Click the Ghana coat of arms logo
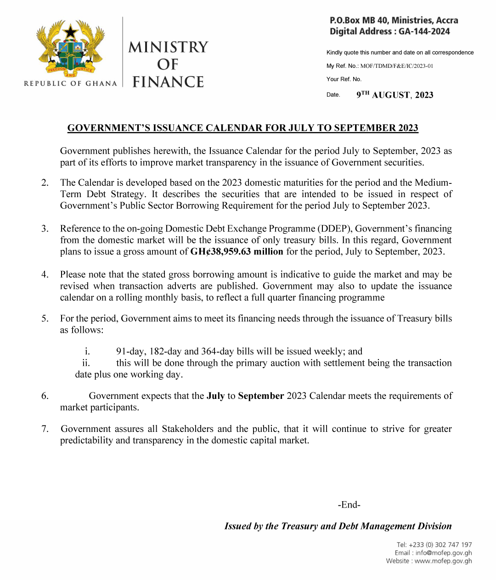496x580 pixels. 70,48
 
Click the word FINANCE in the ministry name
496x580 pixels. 168,82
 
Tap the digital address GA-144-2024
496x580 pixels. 424,32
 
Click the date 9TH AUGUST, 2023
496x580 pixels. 395,95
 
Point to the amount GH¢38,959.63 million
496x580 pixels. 237,252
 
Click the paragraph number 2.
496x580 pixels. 45,183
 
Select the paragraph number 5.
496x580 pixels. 45,319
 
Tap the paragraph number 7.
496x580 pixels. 45,429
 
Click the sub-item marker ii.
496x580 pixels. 86,363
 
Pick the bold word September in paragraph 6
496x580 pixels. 261,396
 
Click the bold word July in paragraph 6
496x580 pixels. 215,396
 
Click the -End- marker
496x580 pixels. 349,505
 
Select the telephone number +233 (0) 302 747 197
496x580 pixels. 440,545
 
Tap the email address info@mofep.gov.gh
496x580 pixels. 444,553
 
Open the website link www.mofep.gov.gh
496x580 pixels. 443,561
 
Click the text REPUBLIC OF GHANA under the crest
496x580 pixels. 70,83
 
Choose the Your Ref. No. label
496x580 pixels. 344,79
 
